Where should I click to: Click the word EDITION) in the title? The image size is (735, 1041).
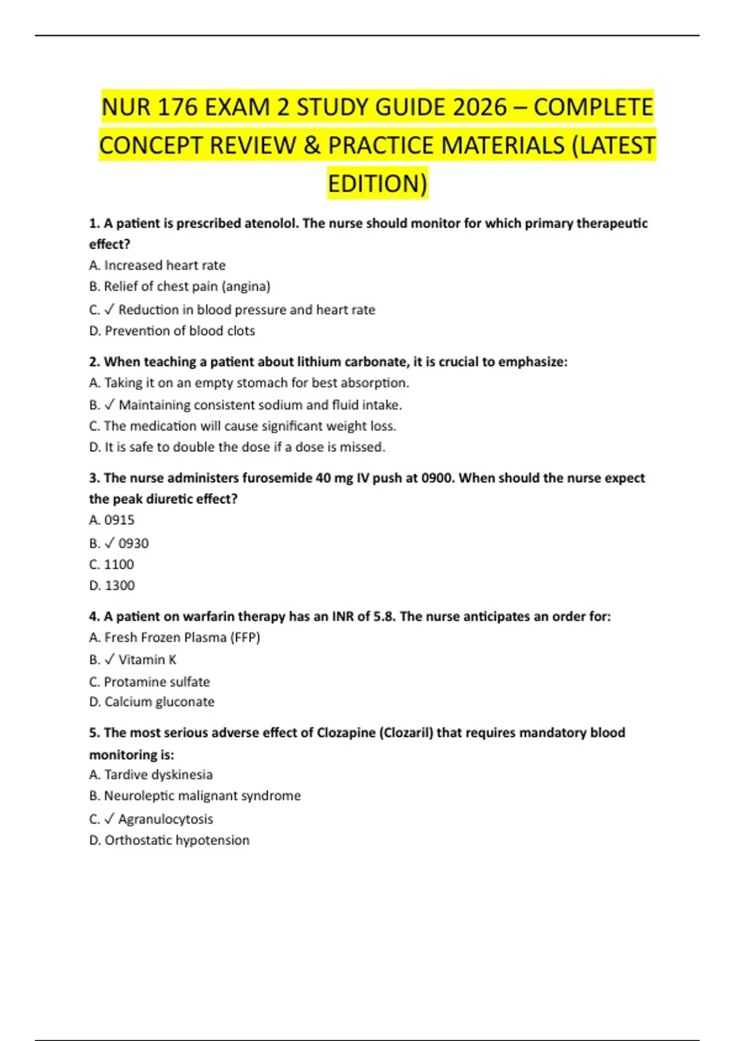point(377,184)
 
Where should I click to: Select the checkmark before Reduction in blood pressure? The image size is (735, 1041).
point(110,310)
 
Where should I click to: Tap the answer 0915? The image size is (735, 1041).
point(119,520)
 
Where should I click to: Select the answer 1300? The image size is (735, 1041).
point(119,585)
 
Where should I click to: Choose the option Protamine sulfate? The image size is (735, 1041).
point(157,682)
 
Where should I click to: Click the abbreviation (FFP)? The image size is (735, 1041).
point(245,637)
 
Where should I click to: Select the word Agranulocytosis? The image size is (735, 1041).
point(165,819)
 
